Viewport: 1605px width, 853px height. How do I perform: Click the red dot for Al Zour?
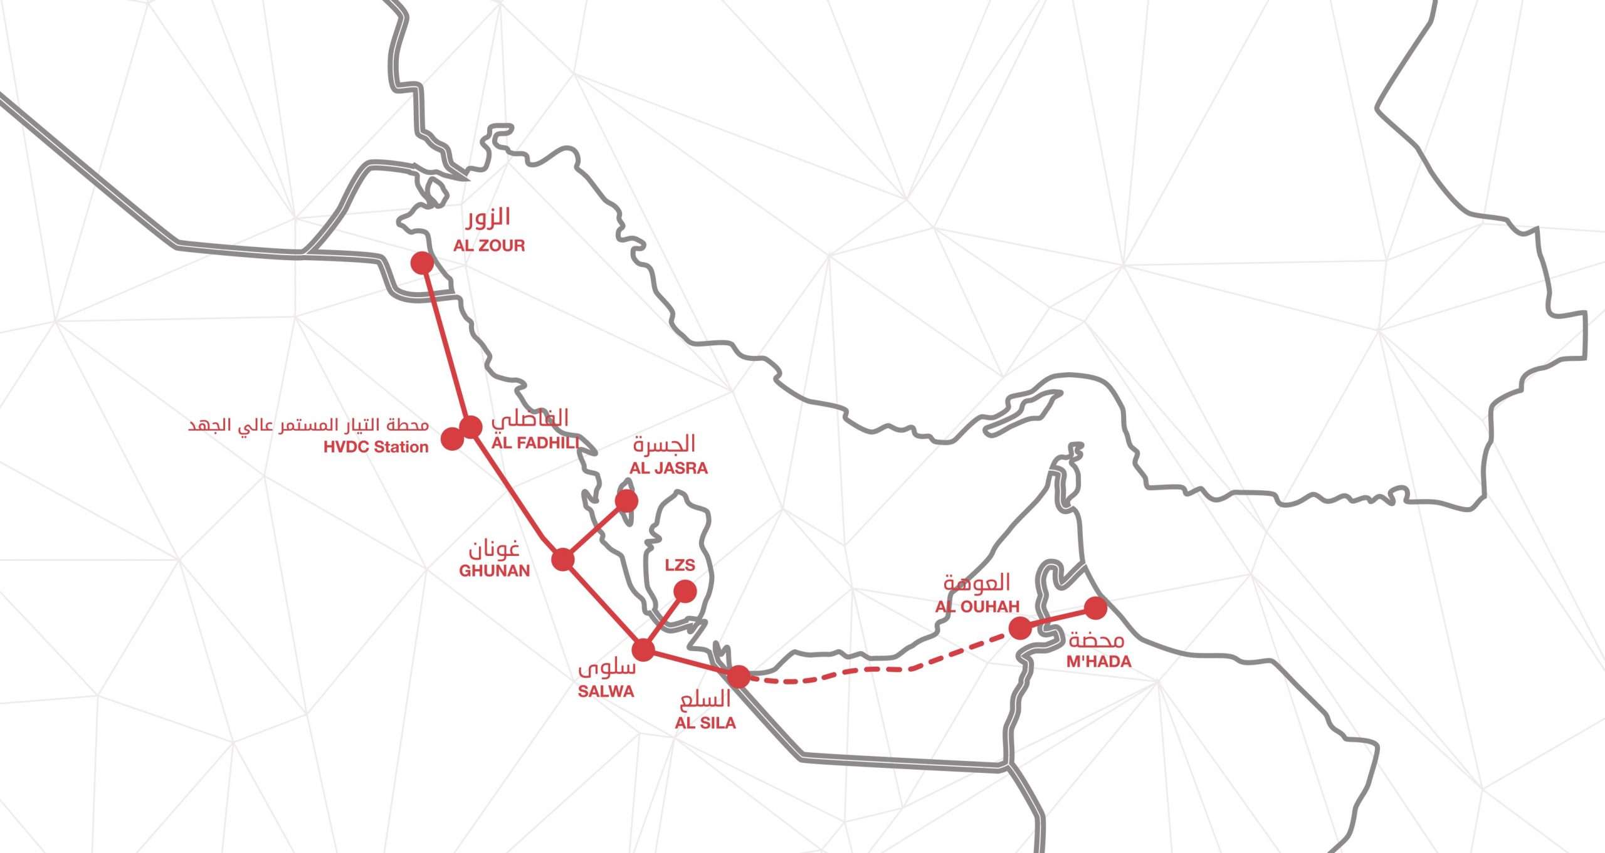click(423, 263)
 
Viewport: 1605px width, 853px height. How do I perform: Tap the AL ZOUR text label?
click(489, 245)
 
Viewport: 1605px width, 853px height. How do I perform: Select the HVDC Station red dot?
click(451, 439)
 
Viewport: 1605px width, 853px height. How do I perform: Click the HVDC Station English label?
click(376, 447)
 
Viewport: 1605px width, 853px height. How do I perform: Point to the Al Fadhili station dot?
click(471, 427)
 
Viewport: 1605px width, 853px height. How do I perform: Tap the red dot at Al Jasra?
click(626, 501)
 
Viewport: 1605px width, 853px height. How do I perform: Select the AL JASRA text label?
click(668, 468)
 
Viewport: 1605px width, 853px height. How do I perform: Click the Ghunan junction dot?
click(563, 558)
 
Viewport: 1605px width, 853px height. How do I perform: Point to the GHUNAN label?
click(494, 570)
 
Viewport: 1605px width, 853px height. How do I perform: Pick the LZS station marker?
click(685, 591)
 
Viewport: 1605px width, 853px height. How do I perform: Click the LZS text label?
click(680, 565)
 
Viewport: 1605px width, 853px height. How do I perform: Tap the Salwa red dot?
click(643, 649)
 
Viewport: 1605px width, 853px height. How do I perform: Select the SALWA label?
click(606, 691)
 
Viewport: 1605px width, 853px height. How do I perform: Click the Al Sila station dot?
click(739, 676)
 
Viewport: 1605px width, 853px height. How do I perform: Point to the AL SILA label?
click(705, 723)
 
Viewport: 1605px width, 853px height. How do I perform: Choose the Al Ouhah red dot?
click(1020, 628)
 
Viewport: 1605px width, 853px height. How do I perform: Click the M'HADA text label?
click(1098, 661)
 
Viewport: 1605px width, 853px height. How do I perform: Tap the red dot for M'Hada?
click(1095, 608)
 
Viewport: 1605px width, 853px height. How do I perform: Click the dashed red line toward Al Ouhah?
click(878, 669)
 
